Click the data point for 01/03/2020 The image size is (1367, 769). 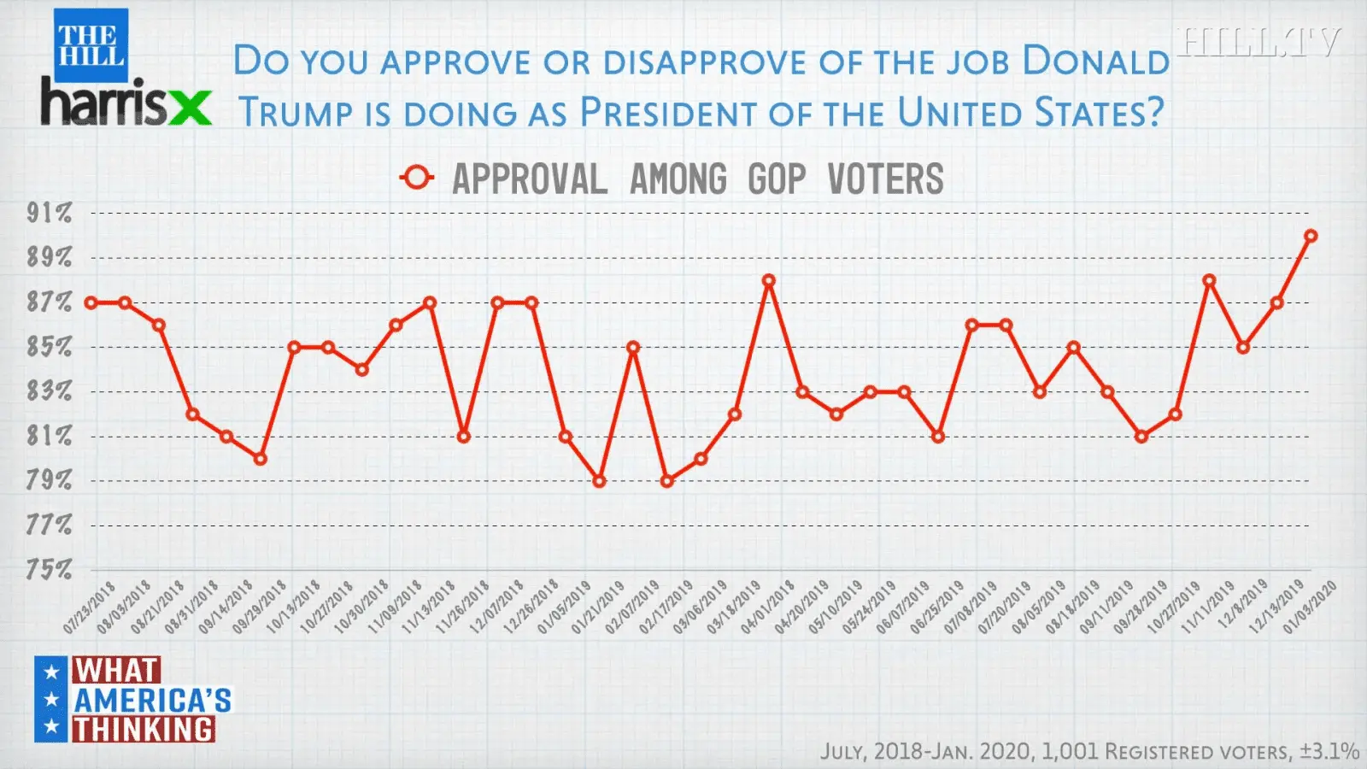[x=1311, y=236]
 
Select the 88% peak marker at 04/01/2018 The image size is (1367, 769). [x=769, y=280]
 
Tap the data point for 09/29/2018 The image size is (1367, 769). [x=261, y=459]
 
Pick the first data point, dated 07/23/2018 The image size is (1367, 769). [x=91, y=302]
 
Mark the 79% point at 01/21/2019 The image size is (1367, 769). [x=600, y=481]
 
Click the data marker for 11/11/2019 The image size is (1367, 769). [x=1209, y=280]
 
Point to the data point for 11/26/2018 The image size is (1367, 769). [x=464, y=437]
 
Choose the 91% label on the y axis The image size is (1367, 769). [x=49, y=213]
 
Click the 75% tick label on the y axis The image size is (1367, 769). [x=49, y=569]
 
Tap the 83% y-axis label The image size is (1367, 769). [x=49, y=391]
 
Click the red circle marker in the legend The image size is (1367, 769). [x=417, y=178]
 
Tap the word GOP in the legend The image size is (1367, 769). [x=777, y=179]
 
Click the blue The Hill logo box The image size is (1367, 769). [x=91, y=44]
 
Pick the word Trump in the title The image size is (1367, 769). [x=295, y=113]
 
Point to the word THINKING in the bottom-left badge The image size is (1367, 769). [x=143, y=729]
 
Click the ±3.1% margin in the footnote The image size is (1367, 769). [x=1329, y=751]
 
